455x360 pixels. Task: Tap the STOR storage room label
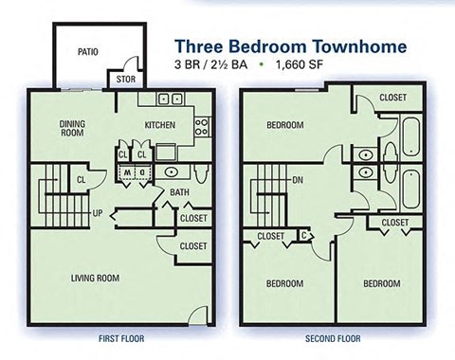[x=124, y=81]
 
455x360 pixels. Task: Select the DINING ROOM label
[x=73, y=129]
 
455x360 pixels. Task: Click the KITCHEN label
[x=160, y=125]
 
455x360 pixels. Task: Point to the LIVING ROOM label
[x=95, y=278]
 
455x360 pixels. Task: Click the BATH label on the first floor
[x=180, y=194]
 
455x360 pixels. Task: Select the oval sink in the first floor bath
[x=172, y=172]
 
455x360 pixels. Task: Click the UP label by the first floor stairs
[x=98, y=212]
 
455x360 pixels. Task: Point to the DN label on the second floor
[x=298, y=179]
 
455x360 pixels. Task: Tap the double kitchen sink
[x=170, y=98]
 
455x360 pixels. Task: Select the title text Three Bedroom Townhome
[x=290, y=45]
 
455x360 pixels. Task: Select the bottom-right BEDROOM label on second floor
[x=382, y=283]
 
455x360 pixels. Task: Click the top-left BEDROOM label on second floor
[x=284, y=125]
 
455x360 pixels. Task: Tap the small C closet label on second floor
[x=302, y=234]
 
